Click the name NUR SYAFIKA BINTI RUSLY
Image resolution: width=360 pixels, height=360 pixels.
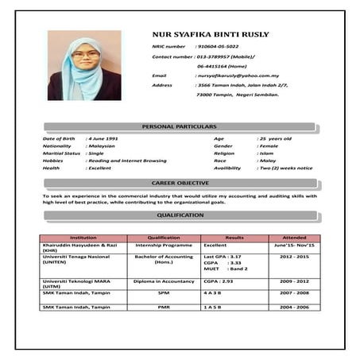[x=210, y=35]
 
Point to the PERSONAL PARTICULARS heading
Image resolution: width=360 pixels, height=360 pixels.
[x=179, y=127]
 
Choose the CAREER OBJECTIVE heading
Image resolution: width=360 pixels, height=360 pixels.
[x=180, y=184]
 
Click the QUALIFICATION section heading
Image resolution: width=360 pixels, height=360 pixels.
[x=180, y=215]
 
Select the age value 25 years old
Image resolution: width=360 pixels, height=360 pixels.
[x=276, y=139]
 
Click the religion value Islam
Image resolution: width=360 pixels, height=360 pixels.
[x=266, y=153]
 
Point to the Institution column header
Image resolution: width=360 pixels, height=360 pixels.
[x=83, y=238]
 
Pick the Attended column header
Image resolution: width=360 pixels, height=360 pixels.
[x=294, y=238]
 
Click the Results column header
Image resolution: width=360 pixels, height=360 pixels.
[x=234, y=238]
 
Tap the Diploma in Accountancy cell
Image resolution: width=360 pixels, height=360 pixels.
[x=164, y=281]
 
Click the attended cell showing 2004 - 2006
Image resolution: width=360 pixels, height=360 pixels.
[x=295, y=306]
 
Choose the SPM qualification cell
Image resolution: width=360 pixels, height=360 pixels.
[x=164, y=292]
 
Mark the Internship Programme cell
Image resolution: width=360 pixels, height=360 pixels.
[x=164, y=246]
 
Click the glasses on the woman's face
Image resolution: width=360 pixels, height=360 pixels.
[x=86, y=56]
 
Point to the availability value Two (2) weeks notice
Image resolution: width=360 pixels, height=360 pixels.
[x=286, y=168]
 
